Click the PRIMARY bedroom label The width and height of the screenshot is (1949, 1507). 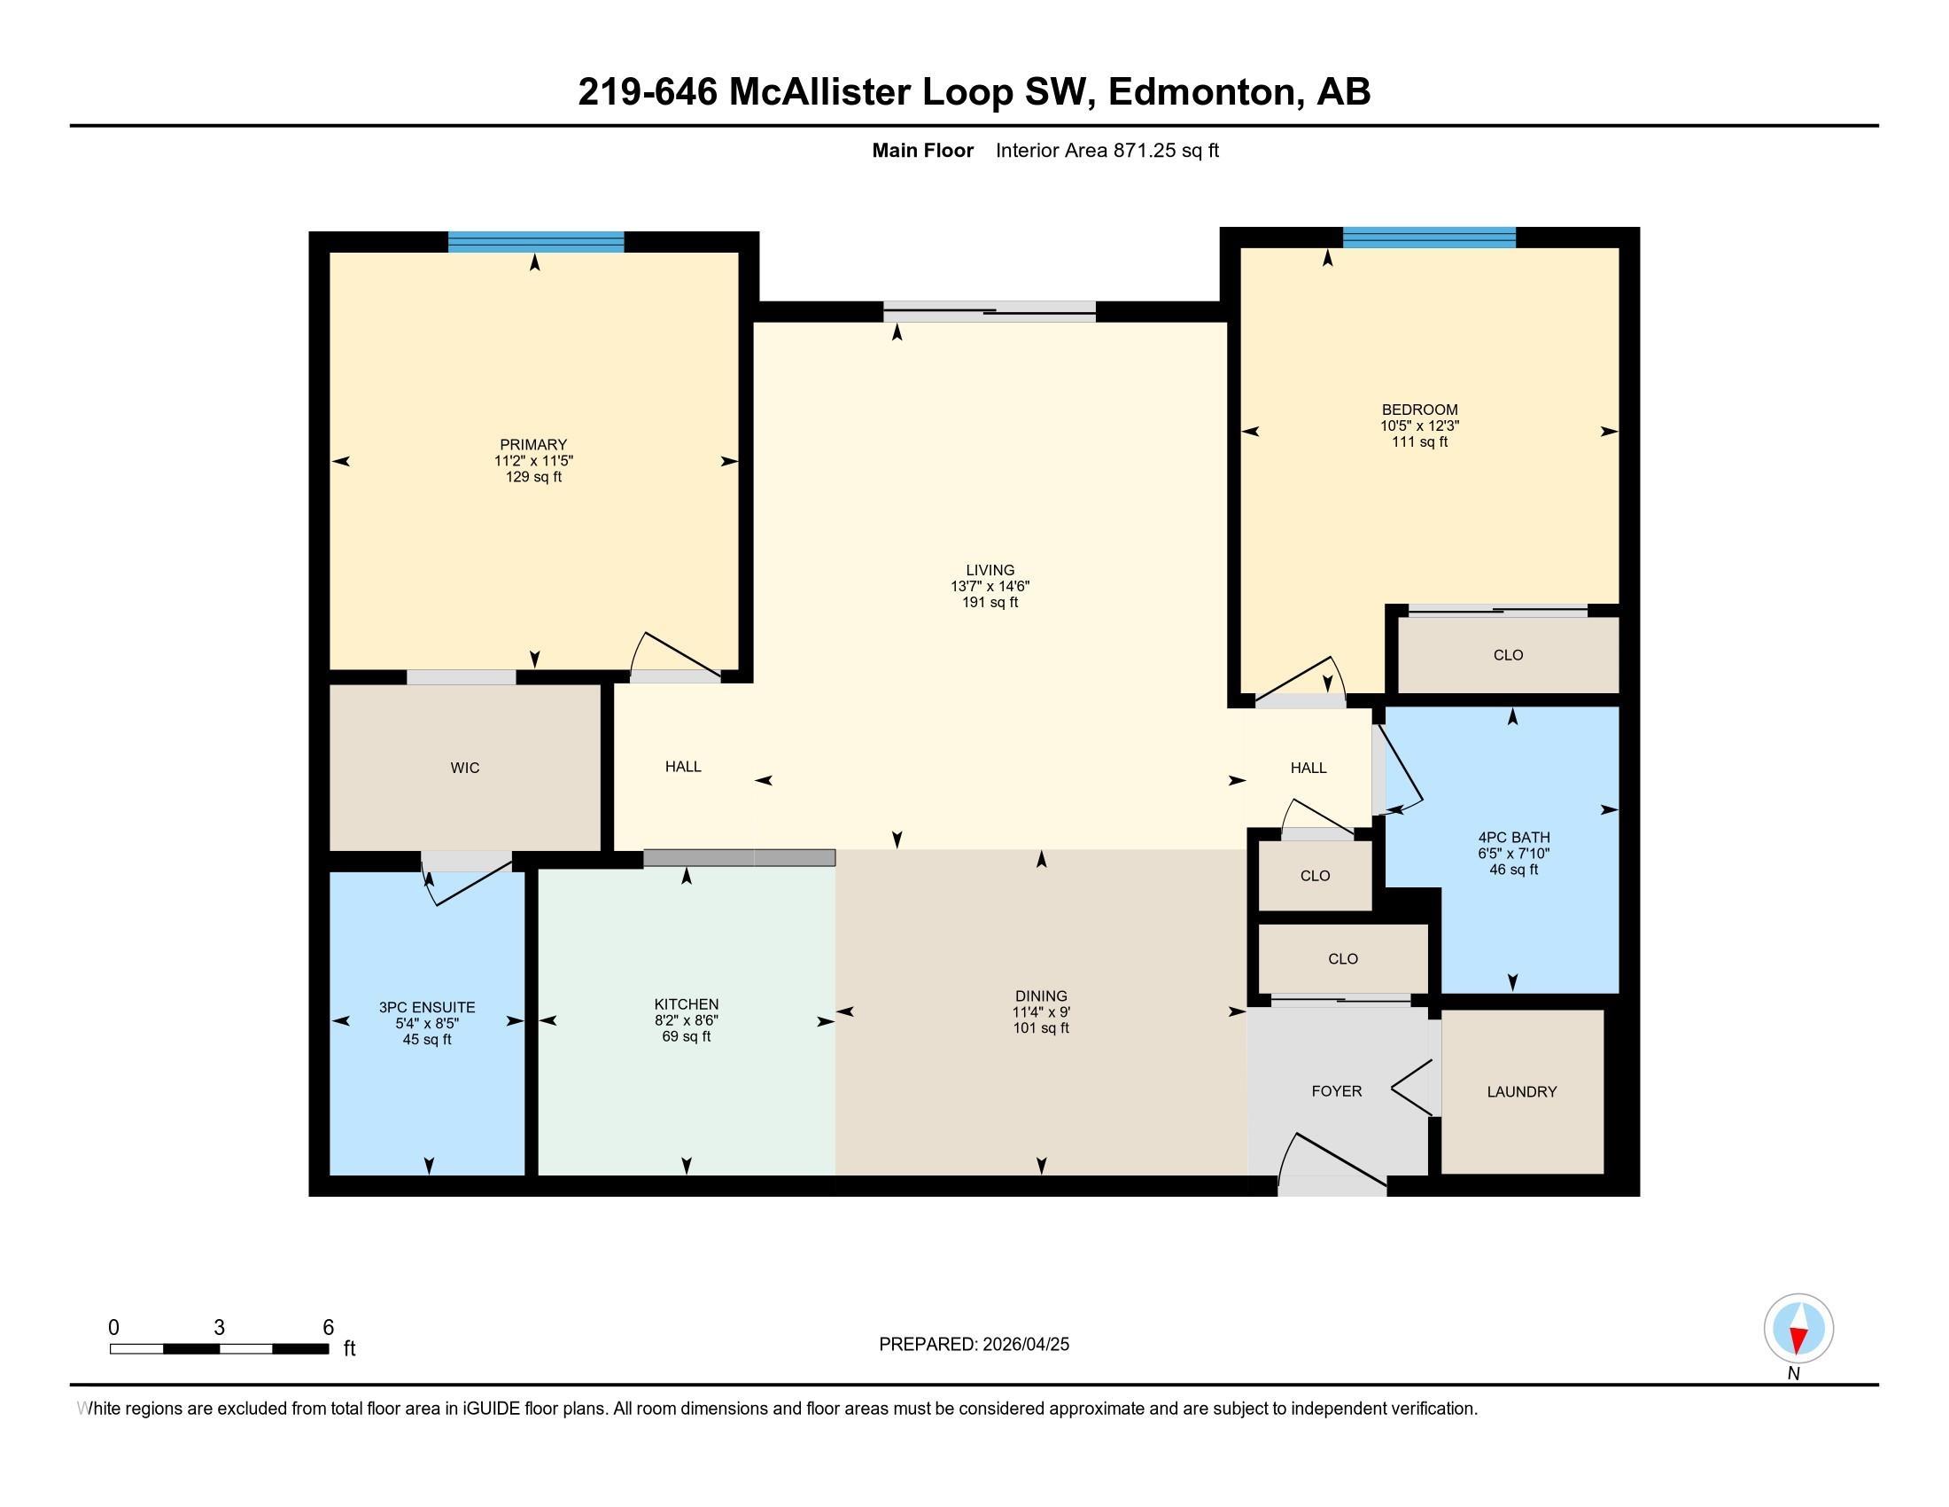[532, 445]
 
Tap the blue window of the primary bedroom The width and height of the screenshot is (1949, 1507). [535, 242]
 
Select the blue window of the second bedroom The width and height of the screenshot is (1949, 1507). [1429, 238]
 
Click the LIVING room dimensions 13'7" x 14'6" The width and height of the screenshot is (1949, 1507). [990, 587]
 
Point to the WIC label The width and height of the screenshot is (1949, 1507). [465, 768]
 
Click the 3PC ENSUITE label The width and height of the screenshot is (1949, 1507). [427, 1007]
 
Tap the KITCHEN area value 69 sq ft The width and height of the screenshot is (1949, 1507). [687, 1036]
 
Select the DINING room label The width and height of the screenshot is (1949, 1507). [1041, 996]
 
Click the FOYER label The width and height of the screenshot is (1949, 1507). [1336, 1091]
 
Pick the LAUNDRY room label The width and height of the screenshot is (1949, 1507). [1521, 1091]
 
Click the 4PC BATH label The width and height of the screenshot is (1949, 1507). [1513, 838]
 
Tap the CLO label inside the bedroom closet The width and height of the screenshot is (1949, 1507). [1508, 655]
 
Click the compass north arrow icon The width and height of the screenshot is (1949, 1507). [1798, 1330]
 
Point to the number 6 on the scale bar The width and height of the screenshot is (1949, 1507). [328, 1328]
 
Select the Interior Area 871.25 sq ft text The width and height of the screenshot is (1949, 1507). [1107, 151]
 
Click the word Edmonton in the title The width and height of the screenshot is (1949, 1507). [1201, 92]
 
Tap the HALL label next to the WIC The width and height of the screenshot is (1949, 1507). [683, 767]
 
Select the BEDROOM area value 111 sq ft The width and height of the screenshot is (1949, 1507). [1419, 442]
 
